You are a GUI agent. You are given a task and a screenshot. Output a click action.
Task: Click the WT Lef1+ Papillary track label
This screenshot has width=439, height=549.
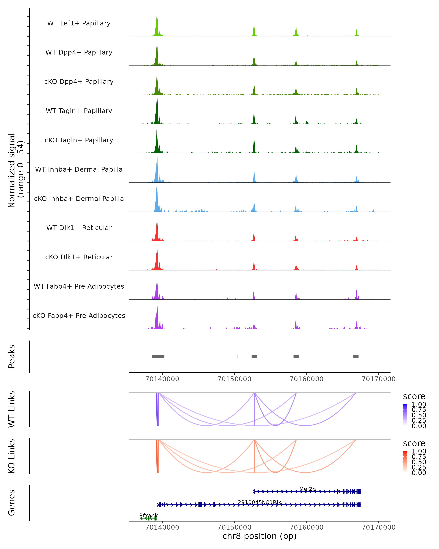click(79, 23)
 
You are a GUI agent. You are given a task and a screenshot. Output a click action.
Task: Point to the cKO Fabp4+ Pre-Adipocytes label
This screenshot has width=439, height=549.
click(79, 315)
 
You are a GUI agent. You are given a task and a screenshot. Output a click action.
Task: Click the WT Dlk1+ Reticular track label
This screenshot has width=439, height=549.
click(79, 228)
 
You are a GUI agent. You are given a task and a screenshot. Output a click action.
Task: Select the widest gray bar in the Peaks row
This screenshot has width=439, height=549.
click(158, 356)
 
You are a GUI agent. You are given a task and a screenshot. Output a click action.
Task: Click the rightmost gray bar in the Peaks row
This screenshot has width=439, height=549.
click(356, 356)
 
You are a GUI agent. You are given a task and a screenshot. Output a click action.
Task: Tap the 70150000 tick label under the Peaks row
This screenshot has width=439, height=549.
click(234, 379)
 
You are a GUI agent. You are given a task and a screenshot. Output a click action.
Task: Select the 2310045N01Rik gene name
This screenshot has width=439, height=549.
click(260, 502)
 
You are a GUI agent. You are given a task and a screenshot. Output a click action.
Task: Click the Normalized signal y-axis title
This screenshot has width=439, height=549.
click(16, 170)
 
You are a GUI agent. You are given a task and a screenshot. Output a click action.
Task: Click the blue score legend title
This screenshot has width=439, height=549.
click(414, 397)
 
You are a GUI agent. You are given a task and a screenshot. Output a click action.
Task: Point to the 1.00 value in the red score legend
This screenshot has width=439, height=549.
click(419, 451)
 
